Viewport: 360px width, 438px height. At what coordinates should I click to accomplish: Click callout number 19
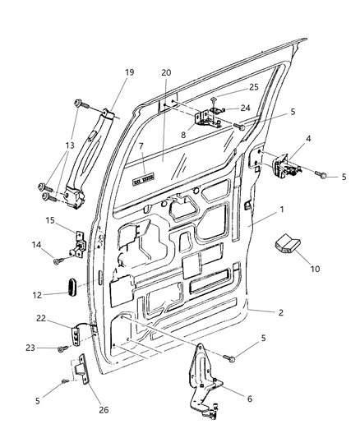pos(128,71)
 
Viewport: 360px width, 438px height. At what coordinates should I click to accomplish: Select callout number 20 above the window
pos(166,72)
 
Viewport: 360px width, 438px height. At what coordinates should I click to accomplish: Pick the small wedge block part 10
pos(289,242)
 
